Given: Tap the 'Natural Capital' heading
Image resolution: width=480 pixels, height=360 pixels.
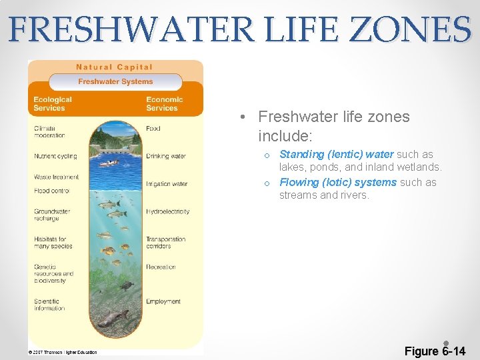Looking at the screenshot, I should click(x=115, y=67).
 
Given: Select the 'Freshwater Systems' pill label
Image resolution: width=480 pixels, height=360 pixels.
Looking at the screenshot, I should click(x=115, y=81).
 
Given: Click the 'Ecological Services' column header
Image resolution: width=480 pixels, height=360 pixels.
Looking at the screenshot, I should click(x=53, y=104).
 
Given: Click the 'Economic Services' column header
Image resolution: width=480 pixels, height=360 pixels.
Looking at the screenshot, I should click(x=164, y=104).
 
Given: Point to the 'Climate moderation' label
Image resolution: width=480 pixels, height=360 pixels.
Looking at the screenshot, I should click(x=49, y=131).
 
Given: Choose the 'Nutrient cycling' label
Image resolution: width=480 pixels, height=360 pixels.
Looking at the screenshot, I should click(x=55, y=156).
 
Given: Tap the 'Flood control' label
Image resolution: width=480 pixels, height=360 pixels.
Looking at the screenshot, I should click(x=51, y=191).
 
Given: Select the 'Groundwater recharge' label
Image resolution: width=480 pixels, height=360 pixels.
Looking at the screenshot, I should click(x=52, y=215).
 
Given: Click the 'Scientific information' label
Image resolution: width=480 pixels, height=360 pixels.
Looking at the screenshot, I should click(x=49, y=305).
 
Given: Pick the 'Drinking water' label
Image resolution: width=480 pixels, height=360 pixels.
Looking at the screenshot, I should click(x=165, y=156).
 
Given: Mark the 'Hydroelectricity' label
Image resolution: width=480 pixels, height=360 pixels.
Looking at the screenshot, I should click(x=167, y=211).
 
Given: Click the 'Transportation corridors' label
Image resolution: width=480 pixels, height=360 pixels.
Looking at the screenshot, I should click(x=165, y=243).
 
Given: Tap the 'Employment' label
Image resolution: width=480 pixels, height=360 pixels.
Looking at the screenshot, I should click(x=163, y=301).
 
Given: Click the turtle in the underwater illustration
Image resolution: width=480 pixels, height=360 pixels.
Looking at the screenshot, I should click(x=125, y=285).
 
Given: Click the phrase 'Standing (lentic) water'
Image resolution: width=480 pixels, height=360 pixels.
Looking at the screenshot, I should click(x=336, y=155).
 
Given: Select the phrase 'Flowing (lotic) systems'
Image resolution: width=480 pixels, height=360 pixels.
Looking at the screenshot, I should click(x=338, y=183).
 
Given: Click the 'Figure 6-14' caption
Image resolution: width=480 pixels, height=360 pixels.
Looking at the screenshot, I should click(x=435, y=351).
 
